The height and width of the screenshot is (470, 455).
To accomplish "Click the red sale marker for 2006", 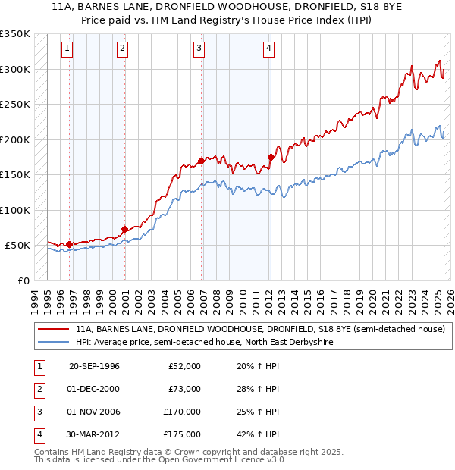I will tap(202, 161).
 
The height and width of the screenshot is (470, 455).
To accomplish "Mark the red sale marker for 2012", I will tap(271, 158).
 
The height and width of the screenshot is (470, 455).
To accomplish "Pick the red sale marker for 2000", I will tap(124, 229).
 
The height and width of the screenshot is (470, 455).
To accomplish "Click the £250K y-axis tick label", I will tap(15, 104).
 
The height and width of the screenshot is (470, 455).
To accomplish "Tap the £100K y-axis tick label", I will tap(15, 210).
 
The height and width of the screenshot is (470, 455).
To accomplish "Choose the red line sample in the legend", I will tap(54, 330).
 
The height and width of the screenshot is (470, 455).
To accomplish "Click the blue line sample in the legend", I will tap(54, 343).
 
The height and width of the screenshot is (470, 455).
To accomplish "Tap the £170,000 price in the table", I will tap(182, 412).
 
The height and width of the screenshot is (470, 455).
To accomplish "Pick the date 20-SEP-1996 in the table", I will tap(94, 366).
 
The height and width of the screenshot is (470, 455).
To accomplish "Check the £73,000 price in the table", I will tap(184, 390).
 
